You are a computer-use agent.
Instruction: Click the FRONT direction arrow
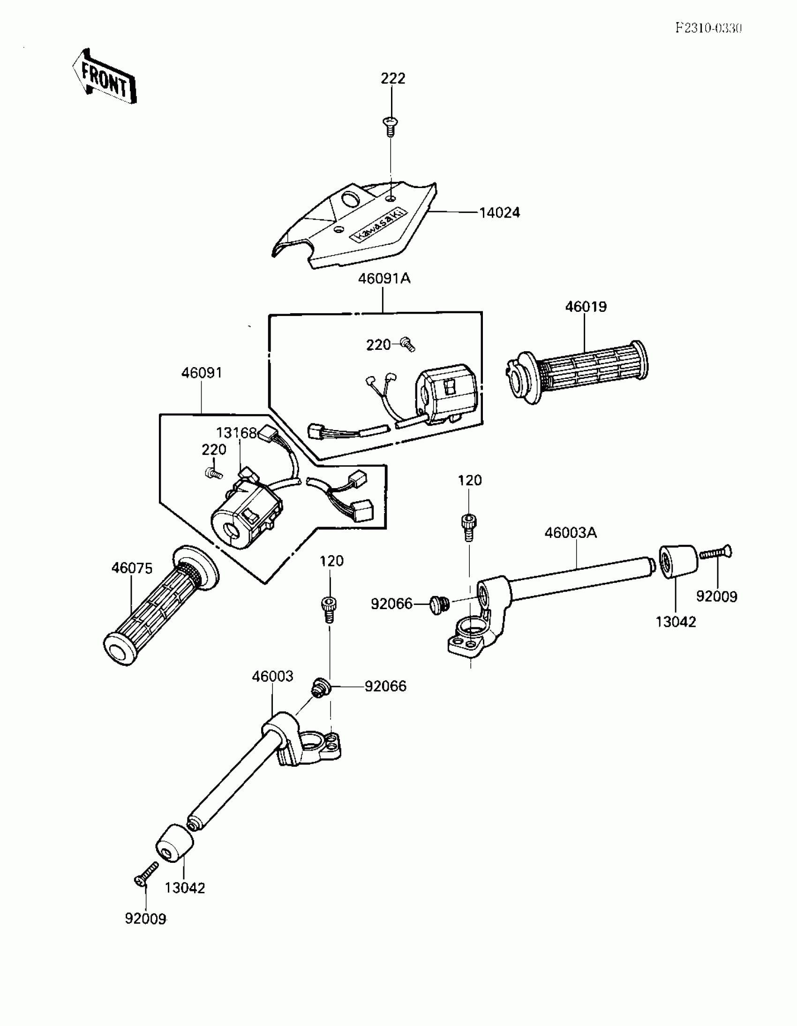(105, 76)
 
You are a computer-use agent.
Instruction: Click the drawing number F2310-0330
(708, 28)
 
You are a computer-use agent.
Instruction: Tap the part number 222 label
(392, 78)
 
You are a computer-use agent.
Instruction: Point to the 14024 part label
(499, 213)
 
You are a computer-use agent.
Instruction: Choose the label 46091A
(384, 279)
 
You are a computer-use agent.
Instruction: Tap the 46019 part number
(586, 307)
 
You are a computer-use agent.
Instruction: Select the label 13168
(236, 433)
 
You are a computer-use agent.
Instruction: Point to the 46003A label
(571, 533)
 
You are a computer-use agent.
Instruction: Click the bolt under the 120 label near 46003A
(468, 526)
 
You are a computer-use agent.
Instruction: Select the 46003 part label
(272, 677)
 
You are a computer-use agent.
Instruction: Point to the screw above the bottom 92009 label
(147, 873)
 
